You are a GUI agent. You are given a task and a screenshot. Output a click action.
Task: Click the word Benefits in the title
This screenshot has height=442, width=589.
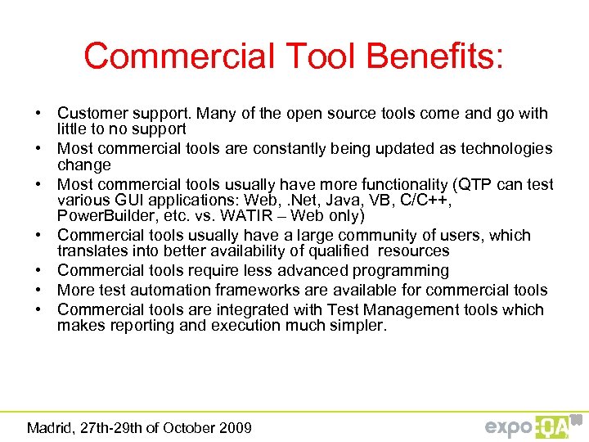[435, 56]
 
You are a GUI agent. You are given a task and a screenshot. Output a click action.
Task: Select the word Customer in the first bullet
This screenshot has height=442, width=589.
[92, 113]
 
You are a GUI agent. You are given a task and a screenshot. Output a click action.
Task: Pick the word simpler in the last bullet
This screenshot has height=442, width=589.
[360, 326]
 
